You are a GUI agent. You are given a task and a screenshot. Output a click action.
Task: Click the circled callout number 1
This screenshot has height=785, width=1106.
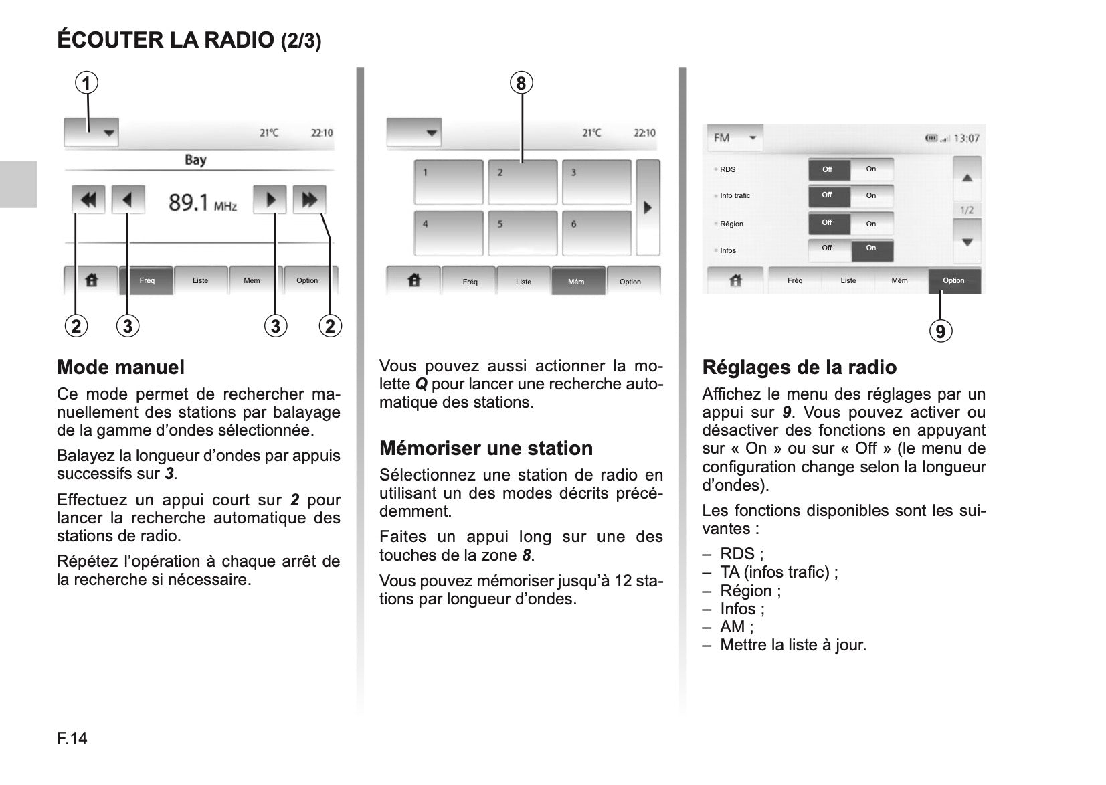pyautogui.click(x=86, y=84)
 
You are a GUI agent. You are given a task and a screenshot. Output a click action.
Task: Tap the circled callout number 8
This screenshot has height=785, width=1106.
pyautogui.click(x=521, y=84)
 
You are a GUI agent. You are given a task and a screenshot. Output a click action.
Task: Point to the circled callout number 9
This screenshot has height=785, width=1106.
pyautogui.click(x=940, y=331)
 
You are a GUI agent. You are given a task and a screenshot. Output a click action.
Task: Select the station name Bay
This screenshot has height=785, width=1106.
pyautogui.click(x=195, y=160)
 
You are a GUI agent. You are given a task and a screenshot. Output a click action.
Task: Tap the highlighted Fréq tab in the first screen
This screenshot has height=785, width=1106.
pyautogui.click(x=147, y=280)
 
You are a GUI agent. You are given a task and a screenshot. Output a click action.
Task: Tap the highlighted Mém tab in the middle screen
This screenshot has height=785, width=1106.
pyautogui.click(x=576, y=282)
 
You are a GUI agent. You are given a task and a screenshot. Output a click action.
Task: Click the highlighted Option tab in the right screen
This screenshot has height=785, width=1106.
pyautogui.click(x=953, y=281)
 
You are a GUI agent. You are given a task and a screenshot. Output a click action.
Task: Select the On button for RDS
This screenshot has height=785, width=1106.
pyautogui.click(x=871, y=169)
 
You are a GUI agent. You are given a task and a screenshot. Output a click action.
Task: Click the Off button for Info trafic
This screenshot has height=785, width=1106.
pyautogui.click(x=828, y=195)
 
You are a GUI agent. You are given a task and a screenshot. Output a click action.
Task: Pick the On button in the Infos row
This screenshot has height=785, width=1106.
pyautogui.click(x=871, y=249)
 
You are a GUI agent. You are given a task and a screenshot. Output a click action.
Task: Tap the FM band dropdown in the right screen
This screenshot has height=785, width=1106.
pyautogui.click(x=734, y=138)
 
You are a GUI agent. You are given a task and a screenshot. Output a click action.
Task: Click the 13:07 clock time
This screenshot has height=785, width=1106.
pyautogui.click(x=966, y=139)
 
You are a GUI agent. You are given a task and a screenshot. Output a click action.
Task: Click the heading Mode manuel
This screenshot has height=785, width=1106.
pyautogui.click(x=120, y=367)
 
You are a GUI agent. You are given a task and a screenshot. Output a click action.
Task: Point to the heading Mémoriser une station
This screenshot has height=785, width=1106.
pyautogui.click(x=486, y=448)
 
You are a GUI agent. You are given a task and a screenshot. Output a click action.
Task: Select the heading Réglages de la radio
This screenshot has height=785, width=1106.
pyautogui.click(x=799, y=367)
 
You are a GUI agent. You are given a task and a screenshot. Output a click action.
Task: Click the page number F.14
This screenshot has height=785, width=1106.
pyautogui.click(x=72, y=739)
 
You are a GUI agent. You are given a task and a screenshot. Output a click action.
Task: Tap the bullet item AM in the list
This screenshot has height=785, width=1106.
pyautogui.click(x=736, y=627)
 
